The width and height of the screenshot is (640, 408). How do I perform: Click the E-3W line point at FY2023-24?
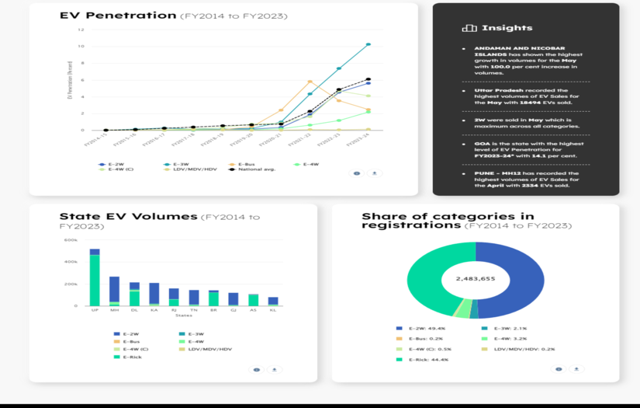pyautogui.click(x=368, y=44)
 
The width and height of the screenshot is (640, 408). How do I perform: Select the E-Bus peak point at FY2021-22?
pyautogui.click(x=310, y=81)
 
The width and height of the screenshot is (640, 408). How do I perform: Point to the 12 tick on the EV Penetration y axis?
pyautogui.click(x=81, y=30)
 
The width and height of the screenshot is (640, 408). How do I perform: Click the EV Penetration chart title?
pyautogui.click(x=118, y=16)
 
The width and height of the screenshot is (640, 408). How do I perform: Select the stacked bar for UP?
pyautogui.click(x=95, y=278)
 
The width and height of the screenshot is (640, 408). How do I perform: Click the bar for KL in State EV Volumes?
pyautogui.click(x=273, y=301)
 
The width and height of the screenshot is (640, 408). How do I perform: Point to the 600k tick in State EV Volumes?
pyautogui.click(x=71, y=240)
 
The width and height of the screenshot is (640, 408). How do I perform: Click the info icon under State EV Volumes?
pyautogui.click(x=256, y=369)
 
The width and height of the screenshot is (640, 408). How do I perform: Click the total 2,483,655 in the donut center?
pyautogui.click(x=476, y=278)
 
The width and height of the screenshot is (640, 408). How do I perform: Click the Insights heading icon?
pyautogui.click(x=469, y=28)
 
